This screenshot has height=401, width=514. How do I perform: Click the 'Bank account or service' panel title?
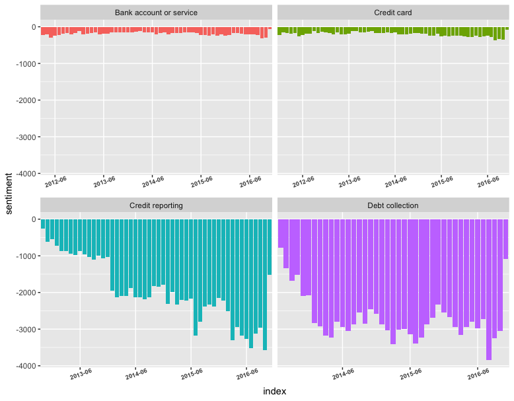(156, 13)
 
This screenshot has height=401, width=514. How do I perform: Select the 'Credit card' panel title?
(393, 13)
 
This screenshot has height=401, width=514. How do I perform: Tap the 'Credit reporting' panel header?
(156, 205)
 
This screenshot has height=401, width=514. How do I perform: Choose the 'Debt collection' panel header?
(393, 205)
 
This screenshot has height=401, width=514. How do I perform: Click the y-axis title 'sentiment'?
(9, 193)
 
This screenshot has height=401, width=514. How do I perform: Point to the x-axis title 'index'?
(274, 391)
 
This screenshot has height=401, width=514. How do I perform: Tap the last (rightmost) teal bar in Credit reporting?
(270, 246)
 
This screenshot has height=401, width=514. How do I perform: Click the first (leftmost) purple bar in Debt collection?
(281, 233)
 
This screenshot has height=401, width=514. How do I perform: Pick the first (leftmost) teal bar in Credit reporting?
(43, 224)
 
